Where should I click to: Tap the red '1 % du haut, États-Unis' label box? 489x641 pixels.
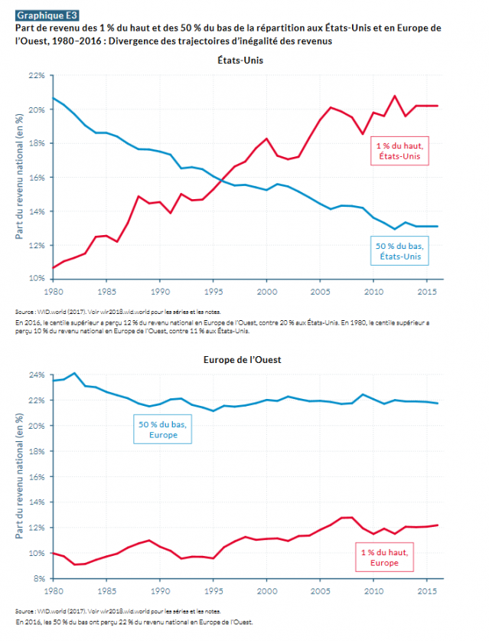(x=399, y=151)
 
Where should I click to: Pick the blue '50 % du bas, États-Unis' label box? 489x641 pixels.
(x=399, y=250)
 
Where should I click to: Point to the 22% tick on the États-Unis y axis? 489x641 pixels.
(x=37, y=76)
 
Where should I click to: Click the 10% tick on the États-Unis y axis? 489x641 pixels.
(x=37, y=279)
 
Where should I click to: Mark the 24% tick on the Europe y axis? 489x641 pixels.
(x=37, y=375)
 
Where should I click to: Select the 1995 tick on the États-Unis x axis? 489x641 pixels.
(x=213, y=292)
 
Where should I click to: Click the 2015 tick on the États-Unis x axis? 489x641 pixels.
(x=426, y=292)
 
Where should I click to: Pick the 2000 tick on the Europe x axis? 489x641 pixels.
(x=266, y=591)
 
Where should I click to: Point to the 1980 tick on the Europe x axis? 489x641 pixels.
(x=53, y=591)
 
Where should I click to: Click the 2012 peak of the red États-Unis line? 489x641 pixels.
(x=395, y=96)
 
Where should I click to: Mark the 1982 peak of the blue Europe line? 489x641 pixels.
(x=74, y=373)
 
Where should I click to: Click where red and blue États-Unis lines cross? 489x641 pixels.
(x=220, y=179)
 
